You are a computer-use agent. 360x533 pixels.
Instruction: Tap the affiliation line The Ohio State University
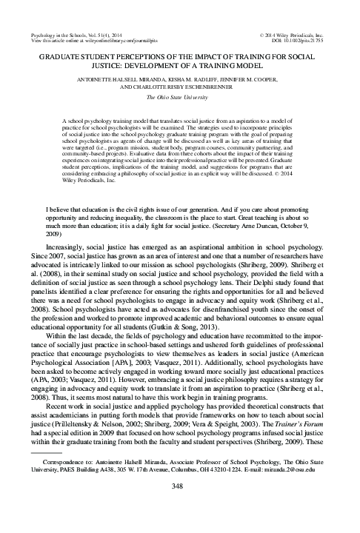tap(180, 96)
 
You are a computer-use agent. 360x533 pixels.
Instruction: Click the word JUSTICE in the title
tap(79, 63)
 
